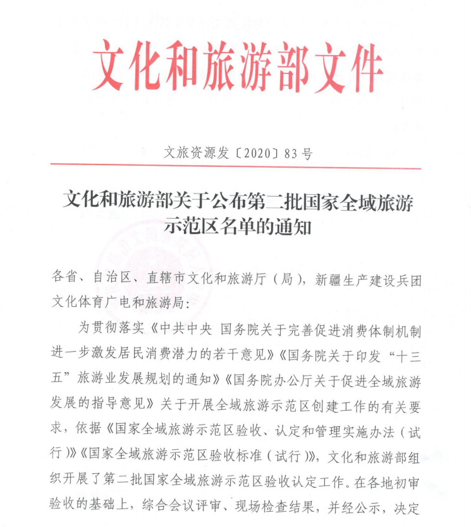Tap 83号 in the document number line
(x=299, y=153)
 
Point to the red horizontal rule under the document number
(x=235, y=168)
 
